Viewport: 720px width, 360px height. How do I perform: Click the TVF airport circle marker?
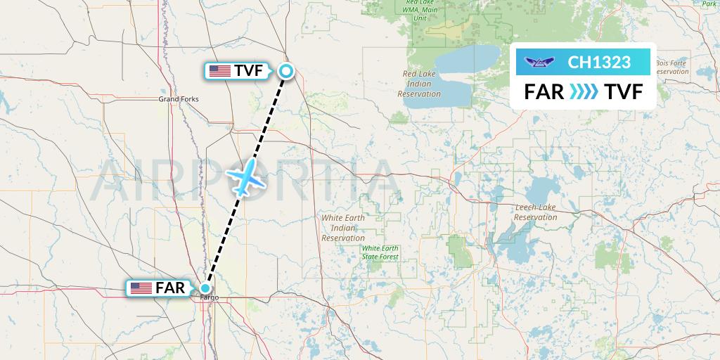(x=286, y=70)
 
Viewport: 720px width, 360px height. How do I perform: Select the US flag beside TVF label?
(x=219, y=70)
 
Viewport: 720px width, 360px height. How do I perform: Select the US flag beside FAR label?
(x=141, y=288)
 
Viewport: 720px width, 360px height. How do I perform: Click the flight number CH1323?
(x=599, y=63)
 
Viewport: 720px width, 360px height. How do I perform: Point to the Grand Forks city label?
(x=178, y=99)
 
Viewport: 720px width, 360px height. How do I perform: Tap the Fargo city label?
(x=210, y=297)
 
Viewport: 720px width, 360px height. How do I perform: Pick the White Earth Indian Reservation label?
(x=343, y=228)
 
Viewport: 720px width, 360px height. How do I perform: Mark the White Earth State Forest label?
(x=380, y=252)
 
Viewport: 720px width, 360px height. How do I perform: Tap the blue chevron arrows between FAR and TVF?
(x=584, y=91)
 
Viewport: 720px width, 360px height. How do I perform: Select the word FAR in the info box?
(x=544, y=91)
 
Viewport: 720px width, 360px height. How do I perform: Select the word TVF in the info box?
(x=624, y=91)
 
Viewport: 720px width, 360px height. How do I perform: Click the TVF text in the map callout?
(x=249, y=70)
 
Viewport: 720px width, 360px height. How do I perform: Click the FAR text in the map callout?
(x=170, y=288)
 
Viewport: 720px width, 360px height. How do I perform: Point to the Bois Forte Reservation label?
(x=671, y=67)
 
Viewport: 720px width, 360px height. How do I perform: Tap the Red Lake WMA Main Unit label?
(x=420, y=10)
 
